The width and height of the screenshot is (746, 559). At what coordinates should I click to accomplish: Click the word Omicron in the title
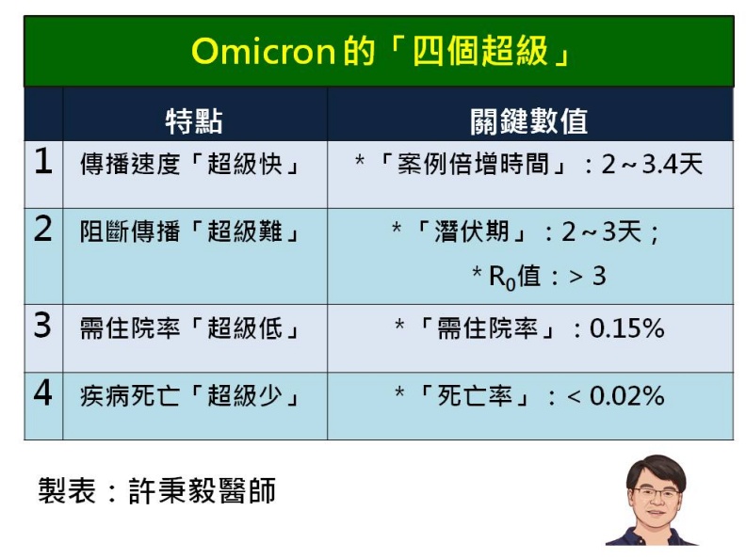tap(263, 52)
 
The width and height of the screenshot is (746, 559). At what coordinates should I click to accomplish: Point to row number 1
tap(43, 163)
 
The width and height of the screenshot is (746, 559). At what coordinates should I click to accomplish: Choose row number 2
tap(43, 231)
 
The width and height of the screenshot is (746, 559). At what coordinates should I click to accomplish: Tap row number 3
tap(43, 326)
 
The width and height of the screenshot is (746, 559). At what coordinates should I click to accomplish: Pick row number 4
tap(43, 393)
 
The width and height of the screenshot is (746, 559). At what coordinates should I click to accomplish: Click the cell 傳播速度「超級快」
tap(190, 165)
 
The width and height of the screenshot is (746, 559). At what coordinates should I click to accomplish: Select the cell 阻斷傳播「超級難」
tap(190, 232)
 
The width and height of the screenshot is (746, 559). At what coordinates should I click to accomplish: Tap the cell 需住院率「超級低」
tap(190, 328)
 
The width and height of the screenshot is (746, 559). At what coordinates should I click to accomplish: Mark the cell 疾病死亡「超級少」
tap(190, 396)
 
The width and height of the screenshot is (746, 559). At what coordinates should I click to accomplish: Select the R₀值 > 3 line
tap(539, 276)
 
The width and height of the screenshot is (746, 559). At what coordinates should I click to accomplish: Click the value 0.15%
tap(626, 328)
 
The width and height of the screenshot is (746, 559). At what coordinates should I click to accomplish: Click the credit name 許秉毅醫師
tap(202, 491)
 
